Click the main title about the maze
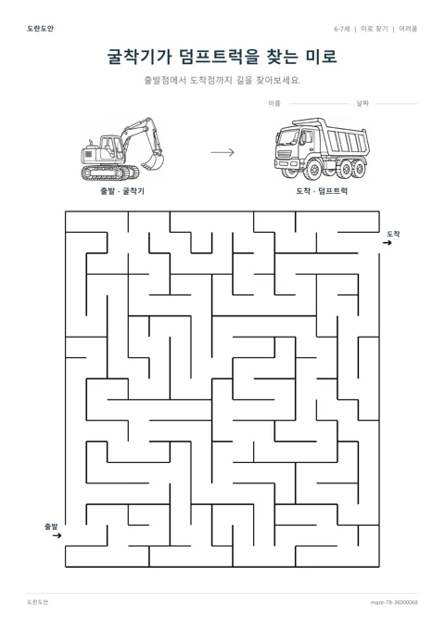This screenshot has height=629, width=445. pyautogui.click(x=222, y=57)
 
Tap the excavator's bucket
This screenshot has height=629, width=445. pyautogui.click(x=153, y=160)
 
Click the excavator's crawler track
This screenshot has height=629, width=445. pyautogui.click(x=109, y=173)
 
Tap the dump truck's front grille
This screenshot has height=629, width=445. pyautogui.click(x=285, y=154)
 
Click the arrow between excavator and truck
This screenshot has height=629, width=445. pyautogui.click(x=222, y=152)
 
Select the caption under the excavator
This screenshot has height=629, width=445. pyautogui.click(x=122, y=191)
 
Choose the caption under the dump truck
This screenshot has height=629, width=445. pyautogui.click(x=322, y=191)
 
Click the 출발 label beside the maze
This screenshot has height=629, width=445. pyautogui.click(x=51, y=526)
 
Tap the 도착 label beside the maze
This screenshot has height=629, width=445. pyautogui.click(x=393, y=234)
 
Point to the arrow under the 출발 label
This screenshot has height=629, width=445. pyautogui.click(x=57, y=535)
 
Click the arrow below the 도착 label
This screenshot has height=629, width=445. pyautogui.click(x=387, y=243)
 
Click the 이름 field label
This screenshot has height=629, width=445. pyautogui.click(x=274, y=104)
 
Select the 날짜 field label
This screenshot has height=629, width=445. pyautogui.click(x=362, y=104)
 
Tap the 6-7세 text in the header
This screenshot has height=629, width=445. pyautogui.click(x=342, y=29)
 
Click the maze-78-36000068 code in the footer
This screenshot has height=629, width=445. pyautogui.click(x=394, y=602)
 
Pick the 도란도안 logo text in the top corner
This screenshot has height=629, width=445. pyautogui.click(x=40, y=29)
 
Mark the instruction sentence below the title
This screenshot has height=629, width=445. pyautogui.click(x=222, y=80)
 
